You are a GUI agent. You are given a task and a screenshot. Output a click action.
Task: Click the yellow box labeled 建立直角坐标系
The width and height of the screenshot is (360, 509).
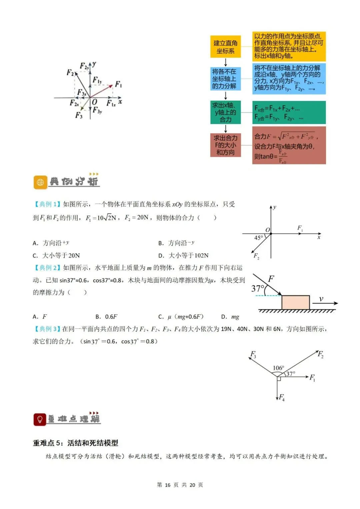(225, 47)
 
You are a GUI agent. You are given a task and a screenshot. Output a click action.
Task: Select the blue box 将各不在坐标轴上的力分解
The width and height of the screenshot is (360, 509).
(225, 79)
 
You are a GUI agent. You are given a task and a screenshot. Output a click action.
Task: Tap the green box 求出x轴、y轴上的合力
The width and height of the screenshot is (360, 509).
(225, 112)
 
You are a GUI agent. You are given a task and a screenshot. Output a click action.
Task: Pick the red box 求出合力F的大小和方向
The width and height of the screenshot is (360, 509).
(225, 145)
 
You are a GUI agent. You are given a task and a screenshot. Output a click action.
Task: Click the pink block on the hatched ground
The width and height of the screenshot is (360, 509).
(295, 302)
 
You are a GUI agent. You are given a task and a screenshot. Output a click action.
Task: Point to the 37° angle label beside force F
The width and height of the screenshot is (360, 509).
(258, 288)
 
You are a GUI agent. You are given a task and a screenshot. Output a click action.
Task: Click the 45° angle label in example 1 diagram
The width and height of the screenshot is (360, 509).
(259, 238)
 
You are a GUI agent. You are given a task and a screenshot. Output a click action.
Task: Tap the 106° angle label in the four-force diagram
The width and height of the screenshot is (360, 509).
(278, 368)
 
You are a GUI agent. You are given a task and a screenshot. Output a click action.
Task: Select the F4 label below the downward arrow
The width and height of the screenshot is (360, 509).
(282, 397)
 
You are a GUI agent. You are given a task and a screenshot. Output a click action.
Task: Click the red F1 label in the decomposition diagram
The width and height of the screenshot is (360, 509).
(118, 84)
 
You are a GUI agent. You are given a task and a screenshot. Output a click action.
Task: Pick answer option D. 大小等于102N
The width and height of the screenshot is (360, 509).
(183, 255)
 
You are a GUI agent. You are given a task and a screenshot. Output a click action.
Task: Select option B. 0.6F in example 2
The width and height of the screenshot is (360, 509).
(106, 317)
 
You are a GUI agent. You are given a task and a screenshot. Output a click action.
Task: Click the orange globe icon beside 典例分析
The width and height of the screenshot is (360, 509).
(40, 182)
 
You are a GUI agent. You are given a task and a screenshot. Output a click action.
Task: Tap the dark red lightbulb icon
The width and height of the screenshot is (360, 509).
(40, 419)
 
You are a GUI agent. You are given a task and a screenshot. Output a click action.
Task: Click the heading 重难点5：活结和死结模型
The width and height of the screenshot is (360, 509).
(76, 443)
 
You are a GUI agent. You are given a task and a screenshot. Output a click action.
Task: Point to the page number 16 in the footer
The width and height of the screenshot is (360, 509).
(167, 485)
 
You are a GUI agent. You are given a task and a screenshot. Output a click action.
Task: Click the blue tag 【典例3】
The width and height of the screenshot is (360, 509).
(47, 329)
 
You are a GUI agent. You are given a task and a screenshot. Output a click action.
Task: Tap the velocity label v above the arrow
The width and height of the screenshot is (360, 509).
(321, 299)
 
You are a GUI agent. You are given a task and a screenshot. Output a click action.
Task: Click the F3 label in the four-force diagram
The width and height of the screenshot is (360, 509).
(253, 354)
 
